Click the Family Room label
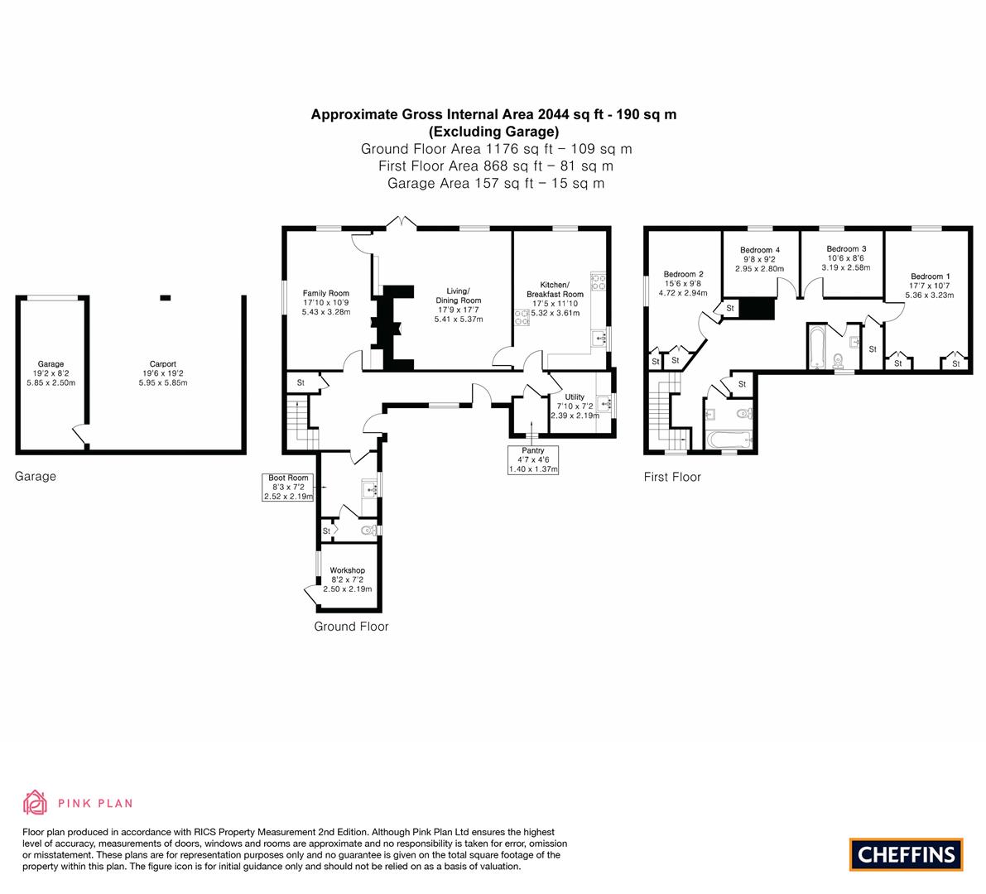[x=325, y=293]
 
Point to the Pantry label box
[x=533, y=459]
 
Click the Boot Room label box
[x=288, y=487]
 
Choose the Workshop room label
[x=347, y=570]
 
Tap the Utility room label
[x=575, y=397]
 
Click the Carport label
[x=162, y=364]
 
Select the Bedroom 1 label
[x=930, y=276]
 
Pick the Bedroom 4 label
[x=759, y=250]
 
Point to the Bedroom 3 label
[x=846, y=249]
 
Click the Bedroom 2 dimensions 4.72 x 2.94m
[x=683, y=293]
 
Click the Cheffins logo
[x=906, y=854]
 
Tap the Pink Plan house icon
[x=35, y=802]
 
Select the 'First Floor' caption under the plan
[x=672, y=477]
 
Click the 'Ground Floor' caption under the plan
[x=351, y=627]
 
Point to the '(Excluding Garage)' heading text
[x=493, y=132]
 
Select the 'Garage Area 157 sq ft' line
[x=495, y=183]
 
